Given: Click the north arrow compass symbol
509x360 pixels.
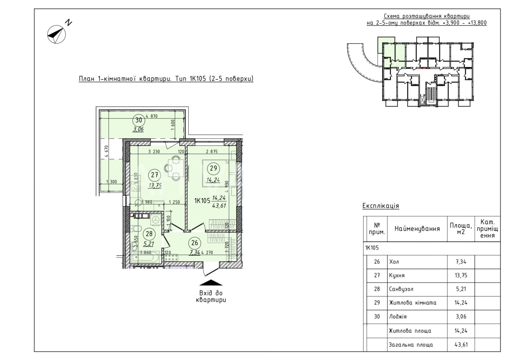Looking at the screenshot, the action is pyautogui.click(x=56, y=34).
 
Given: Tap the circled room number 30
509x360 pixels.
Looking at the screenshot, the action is pyautogui.click(x=139, y=120).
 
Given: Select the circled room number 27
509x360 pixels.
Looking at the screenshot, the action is pyautogui.click(x=155, y=175).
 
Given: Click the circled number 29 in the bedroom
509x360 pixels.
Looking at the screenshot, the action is pyautogui.click(x=213, y=168).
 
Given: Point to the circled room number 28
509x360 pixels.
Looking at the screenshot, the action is pyautogui.click(x=149, y=234).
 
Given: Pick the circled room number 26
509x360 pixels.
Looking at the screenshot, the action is pyautogui.click(x=195, y=243).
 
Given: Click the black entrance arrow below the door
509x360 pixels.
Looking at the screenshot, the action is pyautogui.click(x=211, y=282).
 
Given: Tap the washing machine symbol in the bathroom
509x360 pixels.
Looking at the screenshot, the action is pyautogui.click(x=156, y=220).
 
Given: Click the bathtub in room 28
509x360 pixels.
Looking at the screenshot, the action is pyautogui.click(x=145, y=257).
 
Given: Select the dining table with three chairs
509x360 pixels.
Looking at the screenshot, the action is pyautogui.click(x=175, y=168).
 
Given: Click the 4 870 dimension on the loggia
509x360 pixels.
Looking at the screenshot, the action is pyautogui.click(x=151, y=116).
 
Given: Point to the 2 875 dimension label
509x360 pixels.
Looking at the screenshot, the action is pyautogui.click(x=212, y=151).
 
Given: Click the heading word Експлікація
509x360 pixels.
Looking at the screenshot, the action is pyautogui.click(x=381, y=206).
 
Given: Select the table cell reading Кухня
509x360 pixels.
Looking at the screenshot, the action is pyautogui.click(x=397, y=275).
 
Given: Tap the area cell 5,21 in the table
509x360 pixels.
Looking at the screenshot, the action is pyautogui.click(x=461, y=289).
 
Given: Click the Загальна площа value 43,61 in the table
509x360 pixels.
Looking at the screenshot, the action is pyautogui.click(x=461, y=344).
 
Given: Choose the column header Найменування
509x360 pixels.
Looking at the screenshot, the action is pyautogui.click(x=417, y=228).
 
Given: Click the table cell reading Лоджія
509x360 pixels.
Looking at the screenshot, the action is pyautogui.click(x=398, y=316).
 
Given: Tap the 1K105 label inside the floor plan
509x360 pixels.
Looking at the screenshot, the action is pyautogui.click(x=202, y=201).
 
